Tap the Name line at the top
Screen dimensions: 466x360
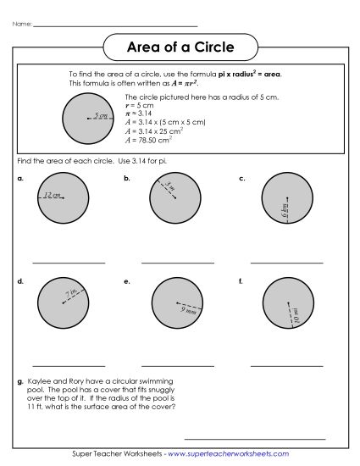click(114, 25)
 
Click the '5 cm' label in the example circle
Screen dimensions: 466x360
click(101, 115)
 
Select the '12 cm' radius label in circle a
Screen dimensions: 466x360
click(53, 195)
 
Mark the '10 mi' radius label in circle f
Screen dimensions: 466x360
click(296, 316)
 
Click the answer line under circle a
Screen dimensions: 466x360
click(69, 263)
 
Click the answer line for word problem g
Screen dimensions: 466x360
click(254, 439)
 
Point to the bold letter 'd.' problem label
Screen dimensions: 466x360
click(19, 280)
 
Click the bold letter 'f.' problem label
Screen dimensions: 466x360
click(241, 280)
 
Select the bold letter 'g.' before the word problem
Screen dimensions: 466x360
click(19, 383)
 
